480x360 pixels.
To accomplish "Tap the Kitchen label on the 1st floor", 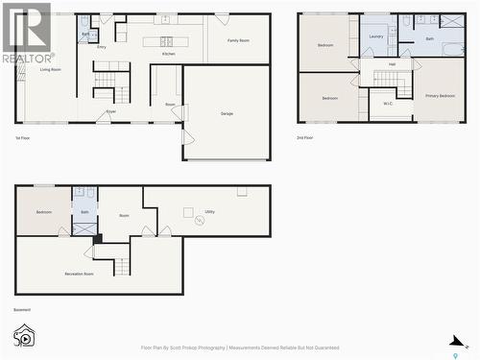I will coord(168,54).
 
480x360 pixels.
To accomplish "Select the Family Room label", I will coord(239,40).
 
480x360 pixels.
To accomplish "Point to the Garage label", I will coord(227,113).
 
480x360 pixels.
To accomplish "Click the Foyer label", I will coord(111,112).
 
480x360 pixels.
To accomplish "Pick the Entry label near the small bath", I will coord(102,46).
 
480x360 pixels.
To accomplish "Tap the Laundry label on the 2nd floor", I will coord(375,36).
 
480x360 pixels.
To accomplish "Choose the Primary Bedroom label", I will coord(440,96).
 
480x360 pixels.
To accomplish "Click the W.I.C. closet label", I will coord(388,104).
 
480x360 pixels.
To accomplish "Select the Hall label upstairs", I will coord(392,64).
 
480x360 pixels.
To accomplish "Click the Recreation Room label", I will coord(79,275).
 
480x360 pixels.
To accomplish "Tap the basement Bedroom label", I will coord(44,211).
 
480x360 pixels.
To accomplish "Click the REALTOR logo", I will coord(26,33).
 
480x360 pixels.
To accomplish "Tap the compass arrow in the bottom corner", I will coord(458,341).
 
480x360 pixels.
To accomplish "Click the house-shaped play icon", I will coord(24,336).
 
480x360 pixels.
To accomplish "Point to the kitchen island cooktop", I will coord(166,41).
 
